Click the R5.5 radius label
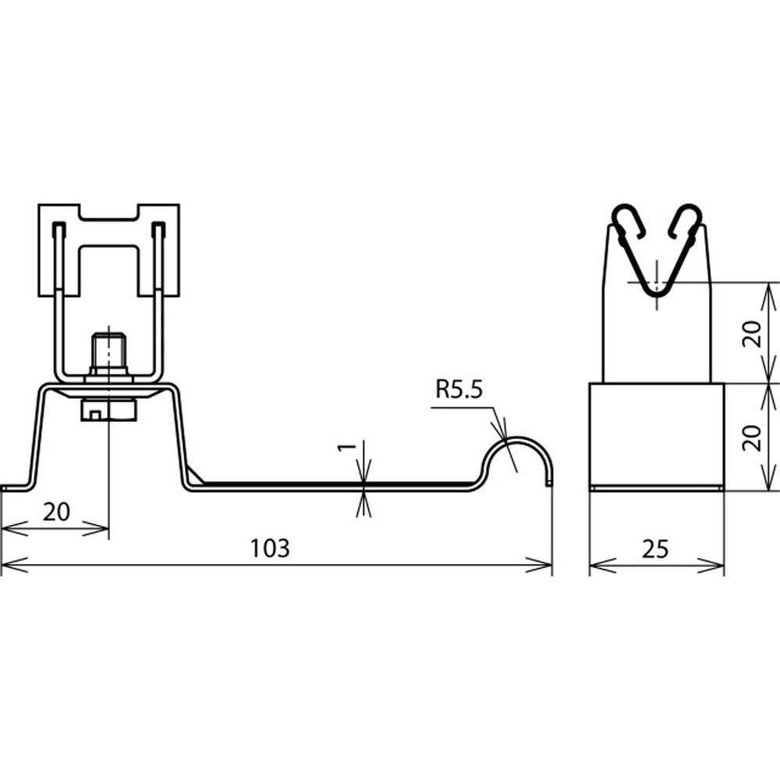point(459,389)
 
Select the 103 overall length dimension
point(269,548)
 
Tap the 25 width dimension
point(655,549)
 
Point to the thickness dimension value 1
point(347,446)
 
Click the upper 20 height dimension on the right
point(752,333)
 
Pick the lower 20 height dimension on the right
point(752,438)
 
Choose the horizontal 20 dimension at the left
point(56,512)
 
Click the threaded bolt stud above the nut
point(108,353)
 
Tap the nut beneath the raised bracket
point(108,409)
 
